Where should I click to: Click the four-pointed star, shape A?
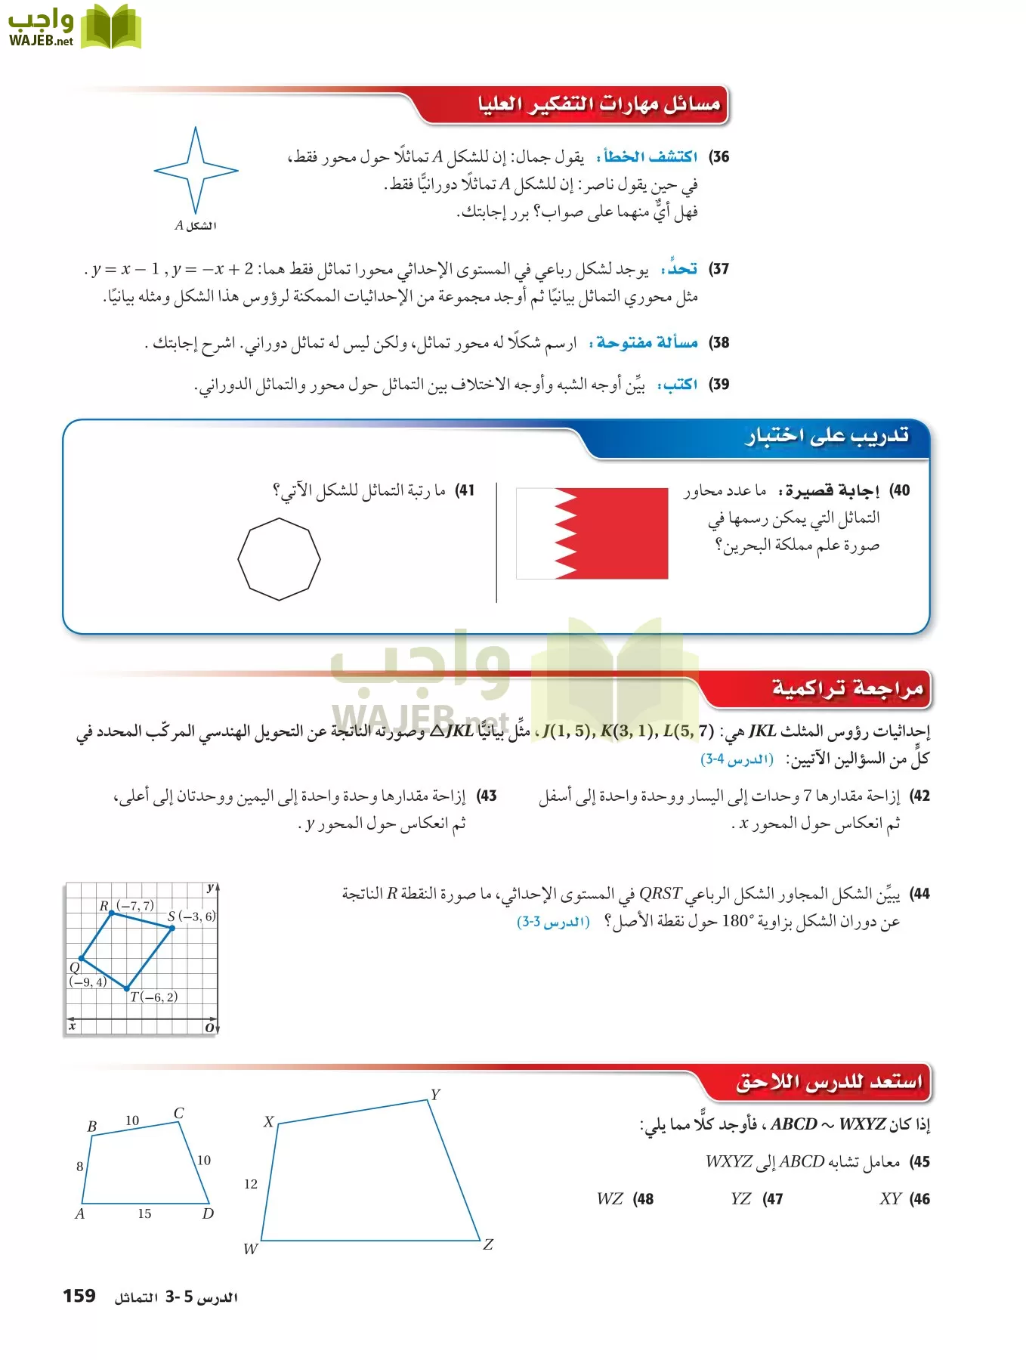196,171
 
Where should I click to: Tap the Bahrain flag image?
592,533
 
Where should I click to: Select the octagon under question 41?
279,559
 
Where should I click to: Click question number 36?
719,157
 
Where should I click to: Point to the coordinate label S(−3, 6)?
191,916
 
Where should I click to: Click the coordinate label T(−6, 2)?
153,997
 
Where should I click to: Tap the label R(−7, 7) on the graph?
127,905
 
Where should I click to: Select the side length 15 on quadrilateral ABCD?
144,1213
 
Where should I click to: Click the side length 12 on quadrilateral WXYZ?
251,1184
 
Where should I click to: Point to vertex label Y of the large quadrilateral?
435,1095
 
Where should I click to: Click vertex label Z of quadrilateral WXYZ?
488,1244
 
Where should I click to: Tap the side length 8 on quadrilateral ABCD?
79,1167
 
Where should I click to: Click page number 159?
79,1296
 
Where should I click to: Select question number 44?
919,894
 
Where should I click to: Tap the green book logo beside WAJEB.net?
111,27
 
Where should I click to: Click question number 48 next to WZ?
644,1199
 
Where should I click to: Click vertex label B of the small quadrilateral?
92,1127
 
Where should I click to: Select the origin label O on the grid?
209,1028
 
